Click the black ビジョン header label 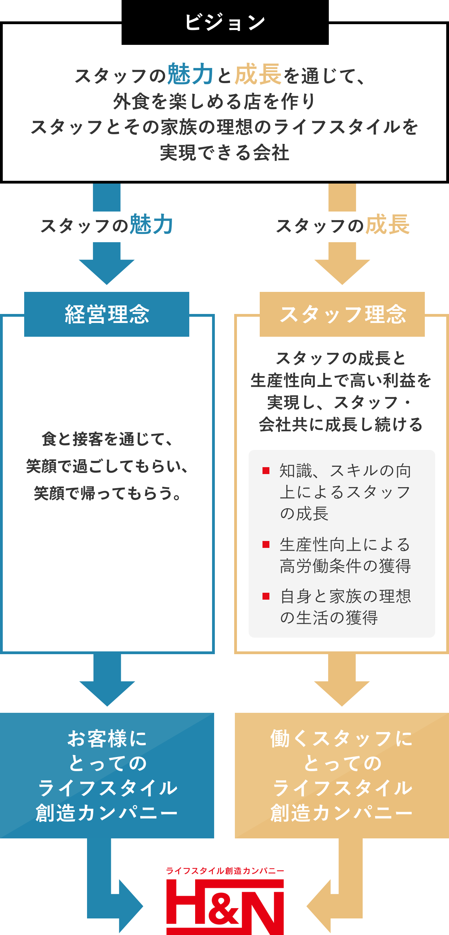pyautogui.click(x=225, y=22)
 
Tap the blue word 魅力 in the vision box pyautogui.click(x=190, y=74)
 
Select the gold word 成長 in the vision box pyautogui.click(x=258, y=74)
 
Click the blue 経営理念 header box pyautogui.click(x=106, y=314)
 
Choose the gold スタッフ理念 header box pyautogui.click(x=342, y=314)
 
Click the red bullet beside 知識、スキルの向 pyautogui.click(x=266, y=471)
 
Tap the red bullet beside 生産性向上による pyautogui.click(x=266, y=544)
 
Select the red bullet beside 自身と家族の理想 pyautogui.click(x=266, y=596)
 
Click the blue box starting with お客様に pyautogui.click(x=107, y=775)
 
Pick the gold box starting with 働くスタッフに pyautogui.click(x=342, y=775)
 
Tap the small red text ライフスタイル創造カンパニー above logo pyautogui.click(x=225, y=871)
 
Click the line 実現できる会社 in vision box pyautogui.click(x=224, y=153)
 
